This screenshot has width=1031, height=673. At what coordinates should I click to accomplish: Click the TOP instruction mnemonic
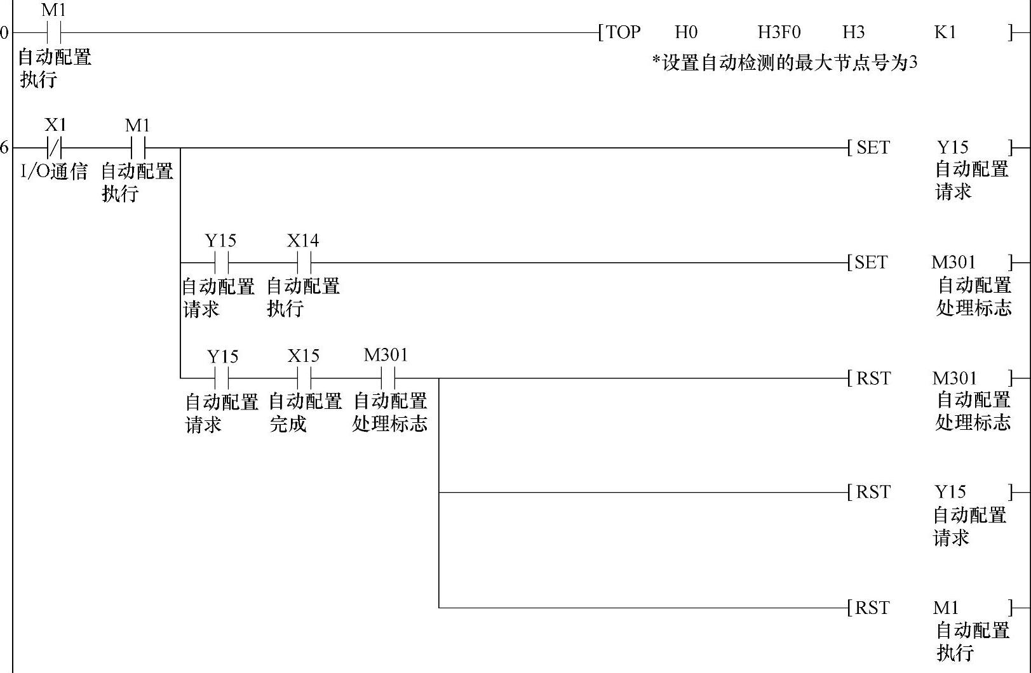tap(623, 32)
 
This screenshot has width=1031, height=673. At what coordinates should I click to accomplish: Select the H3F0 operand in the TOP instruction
tap(779, 32)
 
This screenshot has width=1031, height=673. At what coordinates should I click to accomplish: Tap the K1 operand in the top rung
tap(945, 32)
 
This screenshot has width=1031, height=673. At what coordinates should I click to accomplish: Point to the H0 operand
tap(686, 32)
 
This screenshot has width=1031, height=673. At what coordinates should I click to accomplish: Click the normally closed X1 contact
tap(55, 148)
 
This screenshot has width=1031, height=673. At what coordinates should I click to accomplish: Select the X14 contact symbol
tap(304, 262)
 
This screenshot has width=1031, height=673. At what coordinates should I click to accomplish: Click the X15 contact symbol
tap(304, 378)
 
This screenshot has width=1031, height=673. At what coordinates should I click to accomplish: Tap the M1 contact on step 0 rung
tap(54, 32)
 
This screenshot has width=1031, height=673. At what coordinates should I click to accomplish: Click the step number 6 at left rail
tap(4, 148)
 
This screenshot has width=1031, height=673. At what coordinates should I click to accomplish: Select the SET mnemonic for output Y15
tap(873, 148)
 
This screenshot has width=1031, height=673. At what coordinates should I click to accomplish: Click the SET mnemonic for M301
tap(871, 262)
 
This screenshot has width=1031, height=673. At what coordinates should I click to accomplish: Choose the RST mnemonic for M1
tap(872, 608)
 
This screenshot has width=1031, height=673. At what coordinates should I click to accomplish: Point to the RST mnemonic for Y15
tap(873, 492)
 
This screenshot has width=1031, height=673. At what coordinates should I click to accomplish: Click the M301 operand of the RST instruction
tap(954, 378)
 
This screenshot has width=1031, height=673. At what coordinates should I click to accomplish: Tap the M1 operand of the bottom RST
tap(946, 608)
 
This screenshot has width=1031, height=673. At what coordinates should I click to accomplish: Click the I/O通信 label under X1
tap(54, 171)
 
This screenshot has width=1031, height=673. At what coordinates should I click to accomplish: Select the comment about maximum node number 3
tap(785, 63)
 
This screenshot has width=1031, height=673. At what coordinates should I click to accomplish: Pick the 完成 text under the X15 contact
tap(288, 424)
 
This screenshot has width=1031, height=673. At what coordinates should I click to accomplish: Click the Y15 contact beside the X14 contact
tap(221, 262)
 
